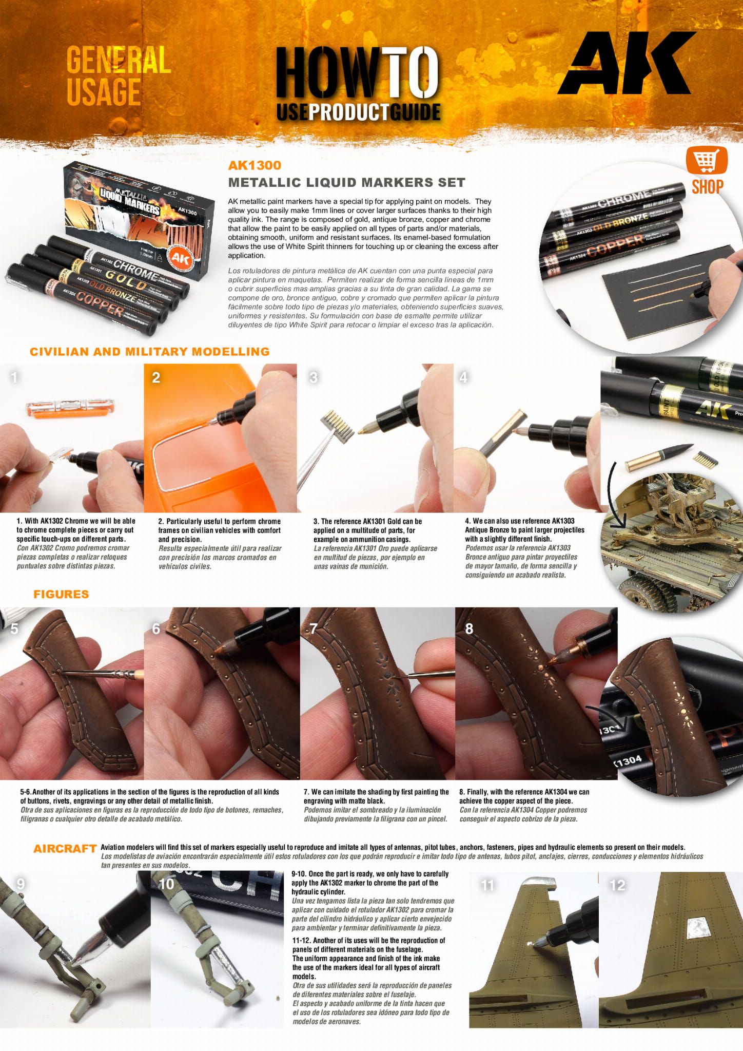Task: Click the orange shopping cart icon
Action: (x=707, y=161)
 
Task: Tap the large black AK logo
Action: (x=627, y=63)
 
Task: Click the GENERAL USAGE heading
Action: (x=119, y=75)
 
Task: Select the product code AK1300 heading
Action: (x=255, y=165)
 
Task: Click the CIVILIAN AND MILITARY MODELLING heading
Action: (x=150, y=352)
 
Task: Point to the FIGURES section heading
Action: (x=61, y=594)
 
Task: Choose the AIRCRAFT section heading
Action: (x=65, y=849)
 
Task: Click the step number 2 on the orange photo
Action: (x=156, y=377)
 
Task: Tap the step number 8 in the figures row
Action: (x=469, y=629)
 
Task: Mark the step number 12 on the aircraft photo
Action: (x=617, y=885)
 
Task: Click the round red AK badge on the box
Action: (x=181, y=258)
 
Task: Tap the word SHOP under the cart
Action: (x=708, y=187)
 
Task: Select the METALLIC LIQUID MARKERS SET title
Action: (x=347, y=182)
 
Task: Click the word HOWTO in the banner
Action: (x=358, y=72)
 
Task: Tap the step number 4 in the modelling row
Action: (x=463, y=377)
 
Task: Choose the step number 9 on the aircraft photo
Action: (x=21, y=884)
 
